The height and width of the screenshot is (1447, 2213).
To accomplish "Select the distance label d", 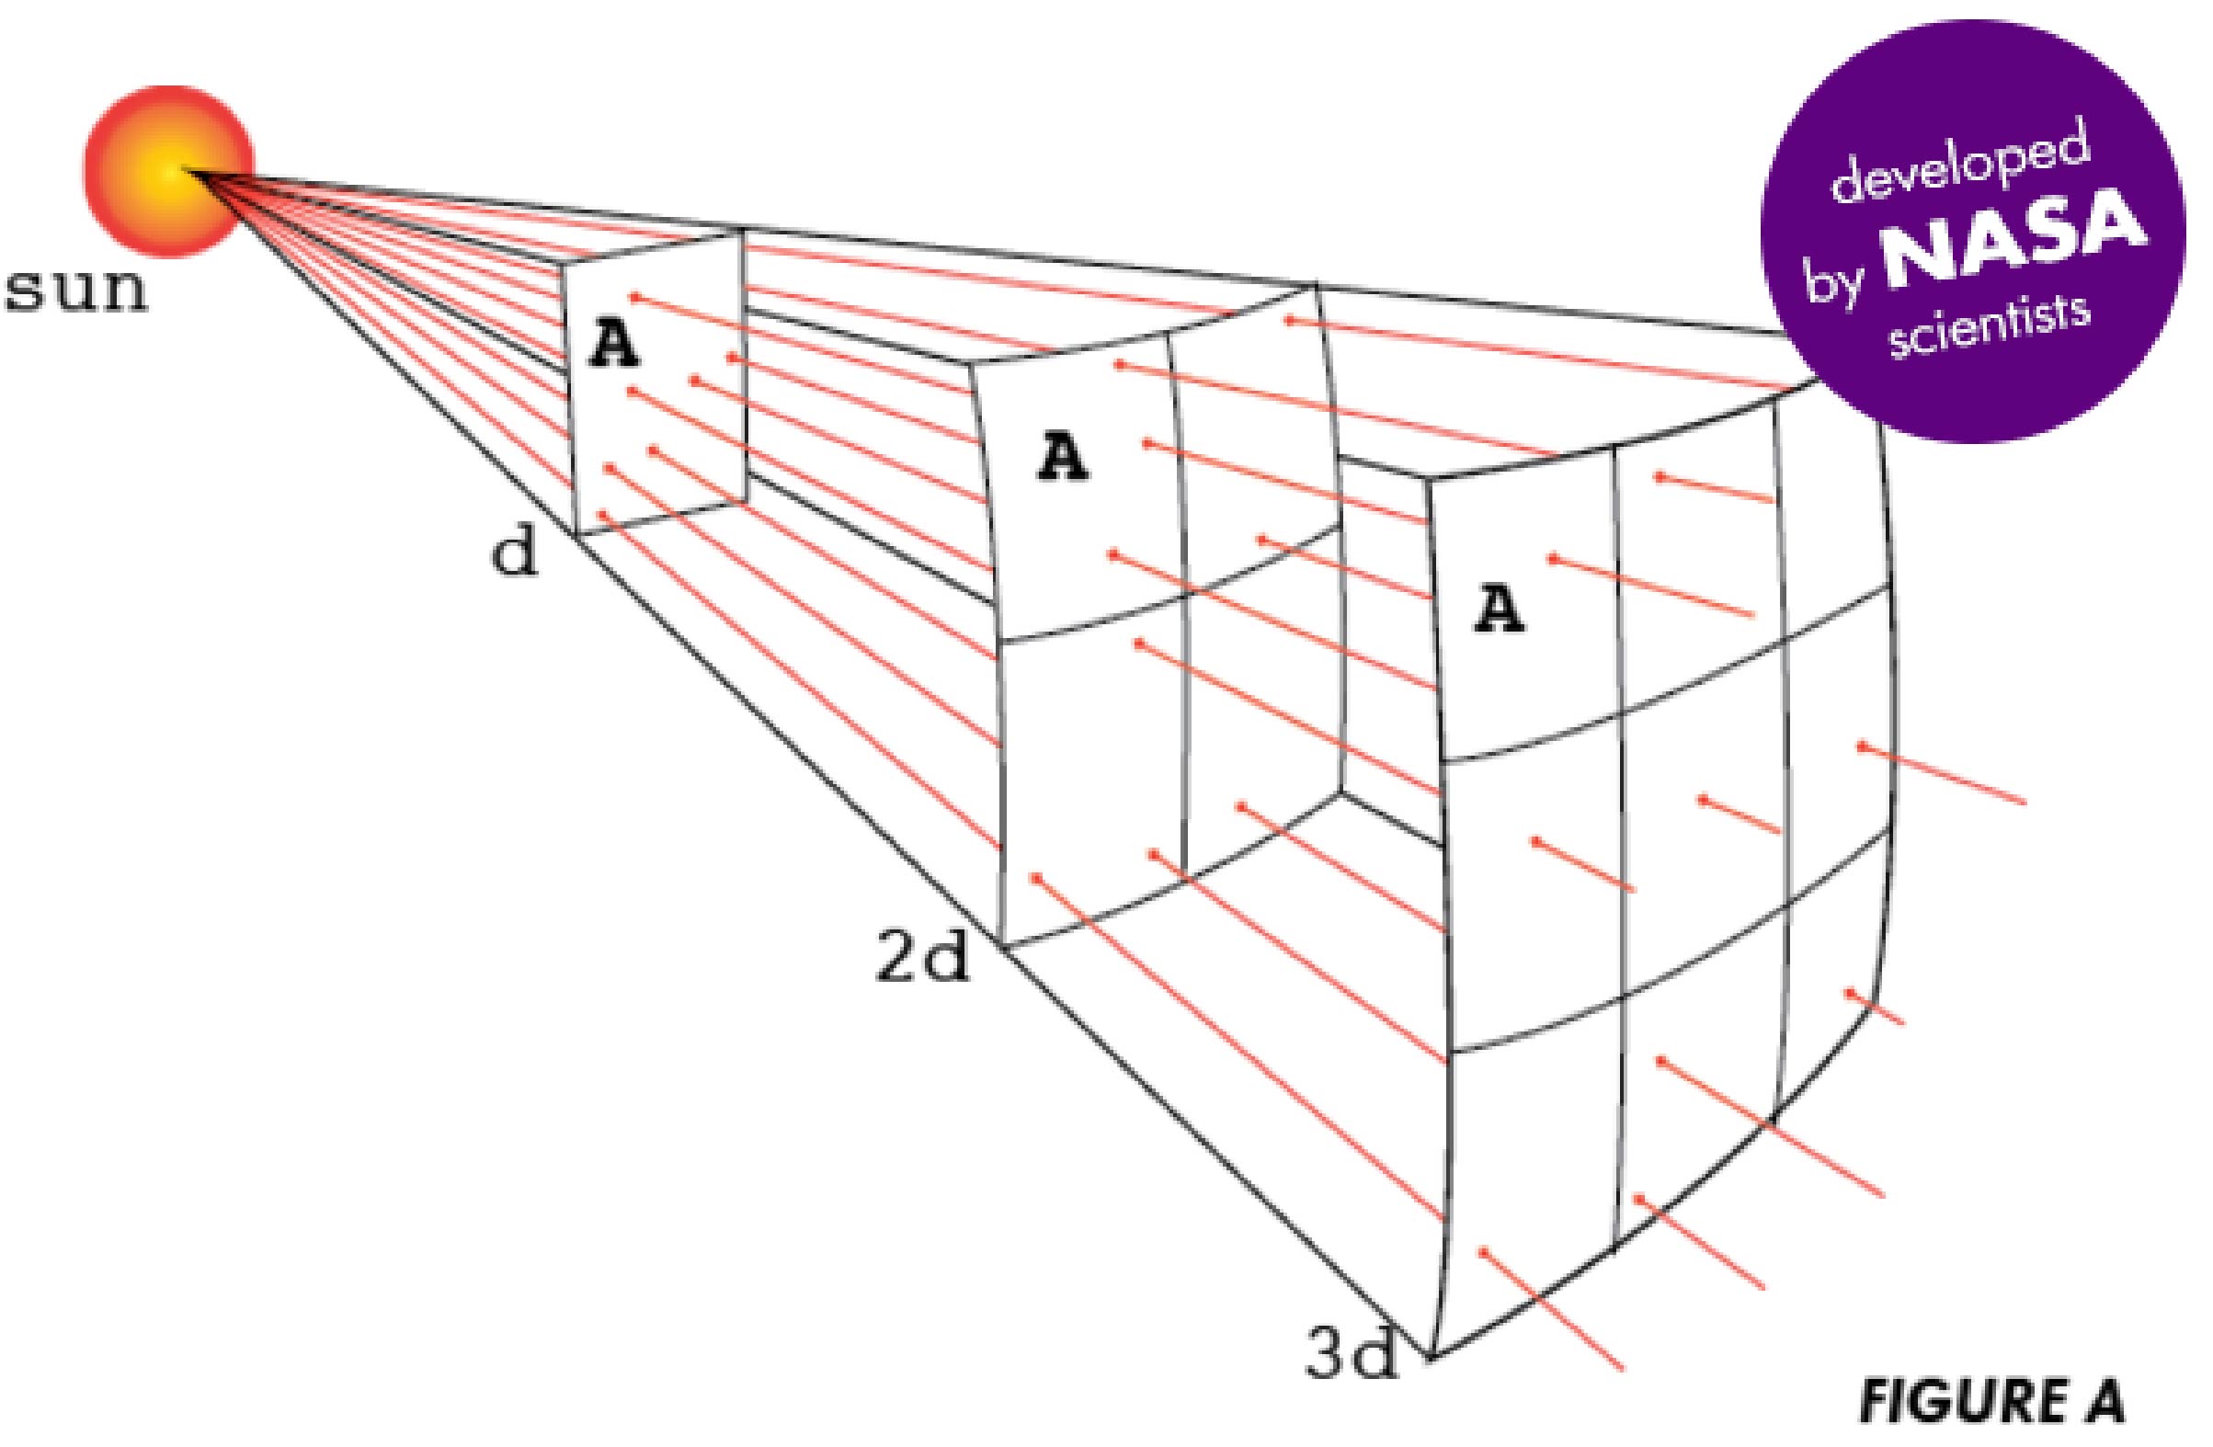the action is click(x=514, y=554).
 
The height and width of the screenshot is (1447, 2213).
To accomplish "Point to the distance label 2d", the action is click(x=921, y=961).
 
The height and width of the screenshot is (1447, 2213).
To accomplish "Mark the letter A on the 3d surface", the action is click(x=1499, y=610).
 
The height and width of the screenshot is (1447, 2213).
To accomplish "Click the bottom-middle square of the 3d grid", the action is click(x=1702, y=1116).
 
